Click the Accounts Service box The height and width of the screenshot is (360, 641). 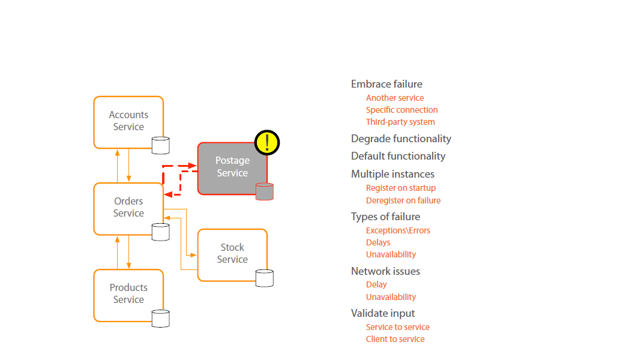pos(128,121)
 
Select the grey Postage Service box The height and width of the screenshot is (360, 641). pos(232,167)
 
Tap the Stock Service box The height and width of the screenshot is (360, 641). pos(232,254)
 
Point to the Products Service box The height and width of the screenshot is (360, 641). pos(128,294)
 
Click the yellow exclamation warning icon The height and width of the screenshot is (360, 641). pos(267,142)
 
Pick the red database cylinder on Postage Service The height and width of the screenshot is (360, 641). pos(264,191)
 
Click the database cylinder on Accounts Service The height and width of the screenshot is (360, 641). pos(160,145)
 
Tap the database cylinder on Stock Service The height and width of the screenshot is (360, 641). pos(264,278)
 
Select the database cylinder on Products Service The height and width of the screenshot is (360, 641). pos(160,318)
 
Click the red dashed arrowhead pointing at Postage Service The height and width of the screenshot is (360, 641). pos(192,165)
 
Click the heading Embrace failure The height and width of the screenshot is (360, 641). pos(387,84)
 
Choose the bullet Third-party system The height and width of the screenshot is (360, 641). pos(400,122)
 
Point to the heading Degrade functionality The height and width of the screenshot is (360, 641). pos(401,139)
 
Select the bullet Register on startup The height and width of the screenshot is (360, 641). pos(401,188)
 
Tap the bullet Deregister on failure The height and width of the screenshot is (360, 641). pos(403,200)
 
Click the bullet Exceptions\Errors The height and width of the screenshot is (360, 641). pos(398,230)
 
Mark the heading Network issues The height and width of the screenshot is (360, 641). pos(385,271)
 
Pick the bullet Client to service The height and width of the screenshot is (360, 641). pos(395,339)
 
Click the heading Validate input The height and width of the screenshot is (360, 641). pos(383,313)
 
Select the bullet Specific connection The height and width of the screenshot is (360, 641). pos(402,110)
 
